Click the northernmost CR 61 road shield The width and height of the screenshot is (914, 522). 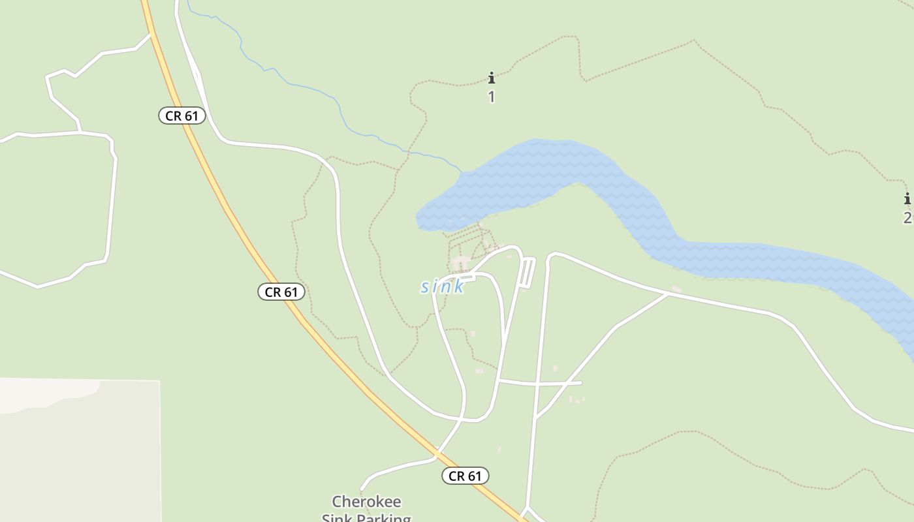coord(182,116)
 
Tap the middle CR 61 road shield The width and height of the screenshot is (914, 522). coord(281,292)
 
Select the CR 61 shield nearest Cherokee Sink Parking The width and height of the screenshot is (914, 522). coord(465,476)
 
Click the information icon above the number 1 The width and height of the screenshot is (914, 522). coord(492,78)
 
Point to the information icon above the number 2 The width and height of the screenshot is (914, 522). coord(907,199)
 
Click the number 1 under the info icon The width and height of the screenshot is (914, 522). coord(492,97)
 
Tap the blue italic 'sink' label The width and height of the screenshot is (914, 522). coord(442,286)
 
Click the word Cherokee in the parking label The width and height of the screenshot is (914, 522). coord(366,502)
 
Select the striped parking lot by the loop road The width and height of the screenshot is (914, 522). coord(527,272)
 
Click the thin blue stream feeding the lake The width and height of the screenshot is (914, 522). coord(307,85)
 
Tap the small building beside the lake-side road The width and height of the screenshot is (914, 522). coord(676,289)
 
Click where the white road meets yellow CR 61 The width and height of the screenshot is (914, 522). coord(437,452)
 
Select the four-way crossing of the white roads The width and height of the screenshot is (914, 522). coord(537,384)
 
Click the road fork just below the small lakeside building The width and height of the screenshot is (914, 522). coord(667,294)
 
